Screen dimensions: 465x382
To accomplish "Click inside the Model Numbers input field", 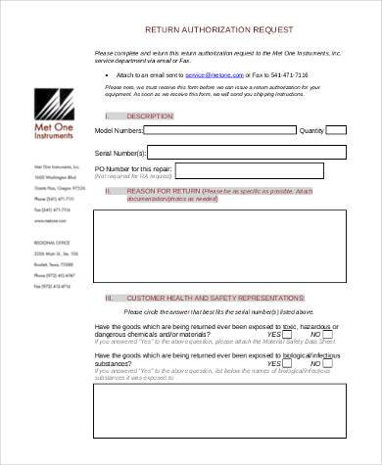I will click(x=220, y=128).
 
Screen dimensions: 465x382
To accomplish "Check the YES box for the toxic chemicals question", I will click(x=288, y=334).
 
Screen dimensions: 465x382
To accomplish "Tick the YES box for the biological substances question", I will click(x=288, y=362).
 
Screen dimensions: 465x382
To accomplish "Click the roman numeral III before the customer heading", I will click(x=109, y=296).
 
